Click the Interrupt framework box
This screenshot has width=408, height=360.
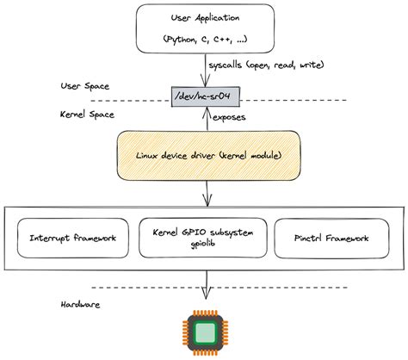[x=72, y=237]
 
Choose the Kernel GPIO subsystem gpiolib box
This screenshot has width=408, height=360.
[x=204, y=237]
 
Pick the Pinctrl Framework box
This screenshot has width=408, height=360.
[x=331, y=237]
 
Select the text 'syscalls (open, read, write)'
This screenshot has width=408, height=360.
[x=269, y=65]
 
